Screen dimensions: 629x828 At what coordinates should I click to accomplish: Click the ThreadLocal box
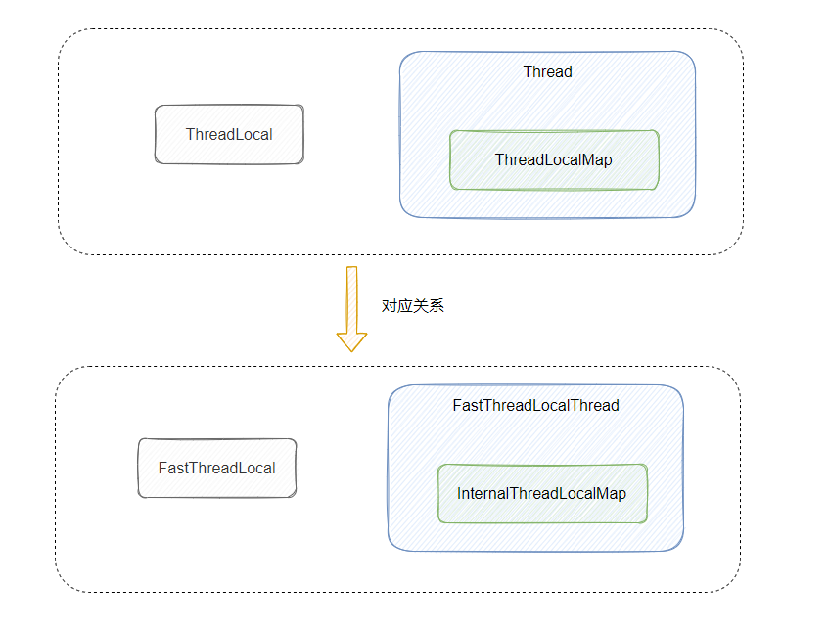pos(229,134)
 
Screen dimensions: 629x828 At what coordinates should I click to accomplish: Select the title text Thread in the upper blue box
pos(547,71)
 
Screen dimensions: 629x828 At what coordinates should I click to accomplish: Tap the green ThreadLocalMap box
pos(554,159)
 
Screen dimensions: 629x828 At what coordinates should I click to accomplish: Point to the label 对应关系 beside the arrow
pos(412,305)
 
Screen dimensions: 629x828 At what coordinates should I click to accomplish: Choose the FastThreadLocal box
pos(216,468)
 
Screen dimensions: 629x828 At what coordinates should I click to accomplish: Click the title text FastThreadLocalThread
pos(535,405)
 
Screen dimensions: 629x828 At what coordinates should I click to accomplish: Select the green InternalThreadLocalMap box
pos(541,493)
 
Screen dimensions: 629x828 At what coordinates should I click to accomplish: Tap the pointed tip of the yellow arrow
pos(351,349)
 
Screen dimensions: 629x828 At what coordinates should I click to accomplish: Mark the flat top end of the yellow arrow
pos(351,266)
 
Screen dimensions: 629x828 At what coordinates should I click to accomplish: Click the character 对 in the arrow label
pos(390,305)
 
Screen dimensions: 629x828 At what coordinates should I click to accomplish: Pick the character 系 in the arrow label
pos(437,305)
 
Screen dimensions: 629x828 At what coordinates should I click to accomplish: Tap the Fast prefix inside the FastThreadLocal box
pos(173,468)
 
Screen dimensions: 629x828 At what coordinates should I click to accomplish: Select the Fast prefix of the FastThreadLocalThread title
pos(468,405)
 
